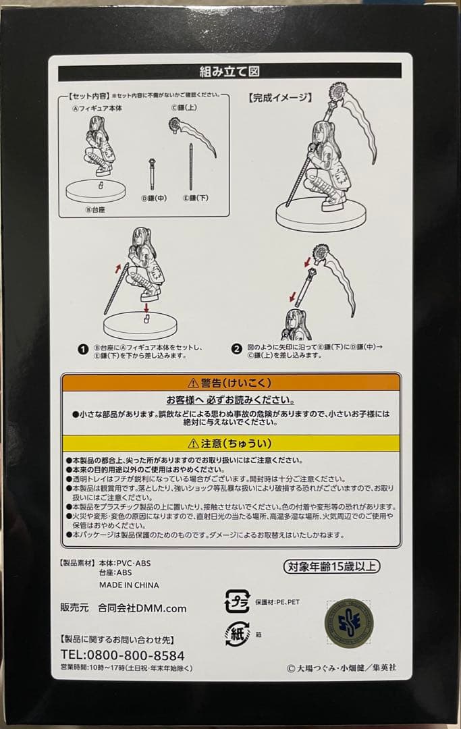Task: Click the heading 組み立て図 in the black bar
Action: point(229,71)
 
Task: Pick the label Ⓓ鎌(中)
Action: point(154,198)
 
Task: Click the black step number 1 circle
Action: point(83,349)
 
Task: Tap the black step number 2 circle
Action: point(236,349)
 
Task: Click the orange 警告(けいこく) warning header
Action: point(230,382)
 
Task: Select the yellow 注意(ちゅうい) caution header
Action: point(230,443)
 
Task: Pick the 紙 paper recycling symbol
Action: point(235,635)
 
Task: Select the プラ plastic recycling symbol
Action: point(237,601)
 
